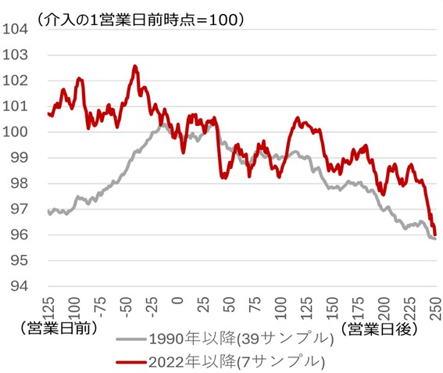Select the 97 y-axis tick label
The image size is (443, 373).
[18, 209]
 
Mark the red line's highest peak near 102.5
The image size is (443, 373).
[134, 67]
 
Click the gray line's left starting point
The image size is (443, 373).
[48, 210]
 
